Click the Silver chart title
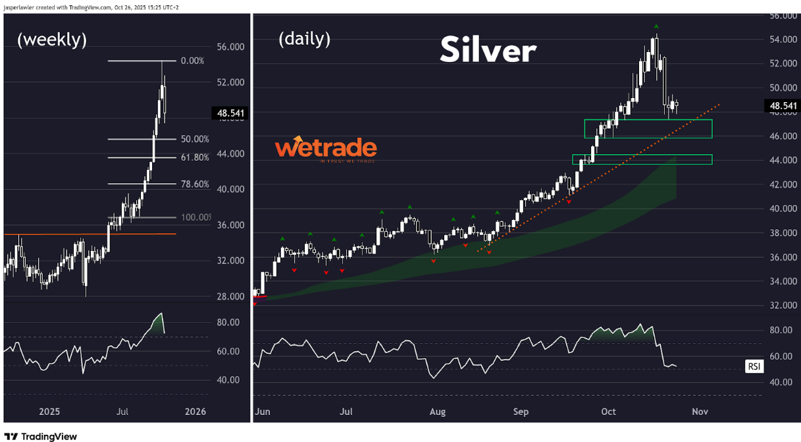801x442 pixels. [488, 50]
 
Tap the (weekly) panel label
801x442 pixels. [52, 40]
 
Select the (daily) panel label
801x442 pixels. [304, 39]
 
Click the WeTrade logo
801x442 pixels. [326, 149]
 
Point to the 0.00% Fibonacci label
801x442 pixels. [192, 61]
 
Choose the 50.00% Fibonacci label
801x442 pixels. [194, 139]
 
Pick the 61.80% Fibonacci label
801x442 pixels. [194, 157]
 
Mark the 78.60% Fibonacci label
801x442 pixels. [194, 184]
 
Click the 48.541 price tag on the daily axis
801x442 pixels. [783, 106]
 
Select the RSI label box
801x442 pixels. [754, 366]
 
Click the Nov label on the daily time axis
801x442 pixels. [699, 412]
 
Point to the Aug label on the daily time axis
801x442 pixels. [437, 412]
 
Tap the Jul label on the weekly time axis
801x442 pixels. [123, 412]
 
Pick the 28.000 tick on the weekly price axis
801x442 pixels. [231, 296]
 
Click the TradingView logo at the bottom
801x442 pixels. [41, 436]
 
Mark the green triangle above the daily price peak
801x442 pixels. [656, 26]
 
